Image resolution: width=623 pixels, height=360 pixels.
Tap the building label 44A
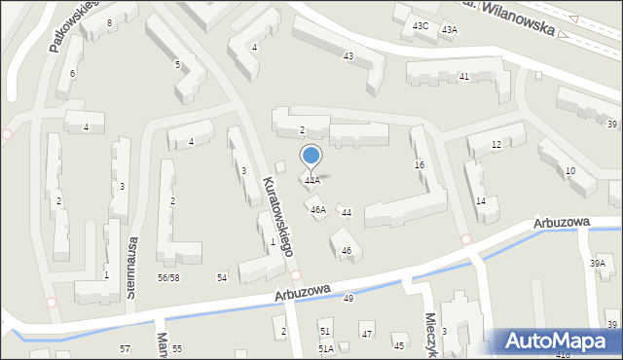[x=311, y=181]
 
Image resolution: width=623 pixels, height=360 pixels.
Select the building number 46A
[x=317, y=209]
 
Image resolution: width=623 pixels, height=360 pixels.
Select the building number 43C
[x=421, y=25]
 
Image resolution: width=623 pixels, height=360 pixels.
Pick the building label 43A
[x=449, y=30]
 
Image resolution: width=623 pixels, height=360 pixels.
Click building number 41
[x=464, y=76]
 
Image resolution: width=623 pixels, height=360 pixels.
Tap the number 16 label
[x=420, y=165]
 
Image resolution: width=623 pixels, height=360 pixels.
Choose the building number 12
[x=495, y=145]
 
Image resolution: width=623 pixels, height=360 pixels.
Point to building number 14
[x=480, y=200]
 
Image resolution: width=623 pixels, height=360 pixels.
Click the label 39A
[x=598, y=264]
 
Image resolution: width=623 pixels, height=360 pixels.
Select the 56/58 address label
[x=168, y=278]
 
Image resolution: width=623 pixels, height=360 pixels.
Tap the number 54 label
[x=222, y=278]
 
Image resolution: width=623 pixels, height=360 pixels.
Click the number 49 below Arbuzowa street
[x=348, y=298]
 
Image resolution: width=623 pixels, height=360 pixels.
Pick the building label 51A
[x=326, y=348]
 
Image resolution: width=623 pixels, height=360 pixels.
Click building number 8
[x=109, y=22]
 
